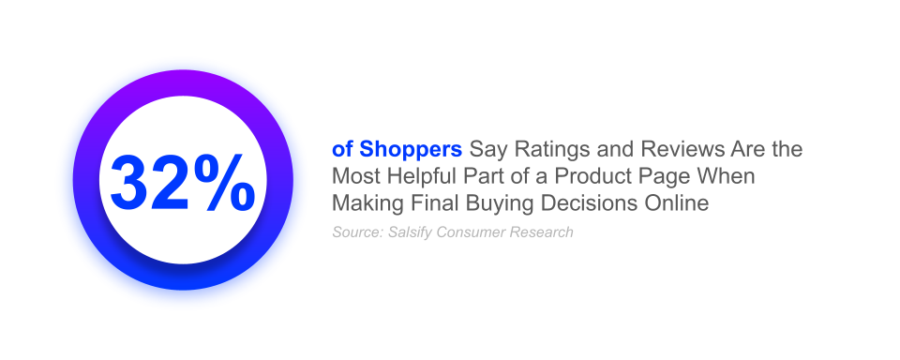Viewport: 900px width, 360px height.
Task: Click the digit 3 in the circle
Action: (x=134, y=181)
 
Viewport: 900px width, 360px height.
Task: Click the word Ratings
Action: (x=537, y=150)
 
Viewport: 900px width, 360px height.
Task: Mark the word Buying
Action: (x=481, y=202)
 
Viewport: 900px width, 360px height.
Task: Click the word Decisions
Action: (x=561, y=202)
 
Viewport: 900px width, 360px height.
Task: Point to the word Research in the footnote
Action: (x=541, y=232)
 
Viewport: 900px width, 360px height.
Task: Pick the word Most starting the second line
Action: (x=354, y=176)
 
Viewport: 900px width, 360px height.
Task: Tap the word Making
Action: (x=364, y=202)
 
